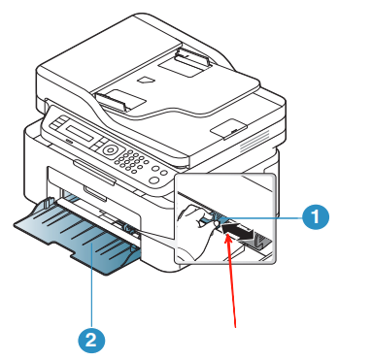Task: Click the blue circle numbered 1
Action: tap(316, 216)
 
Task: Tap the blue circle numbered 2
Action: tap(91, 340)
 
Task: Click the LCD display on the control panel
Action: tap(80, 133)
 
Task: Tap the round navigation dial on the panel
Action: tap(111, 149)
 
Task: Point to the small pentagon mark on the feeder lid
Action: tap(145, 80)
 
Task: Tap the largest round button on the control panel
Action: tap(155, 180)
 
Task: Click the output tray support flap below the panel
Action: tap(94, 172)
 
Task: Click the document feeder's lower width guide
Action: tap(112, 99)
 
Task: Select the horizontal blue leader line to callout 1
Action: tap(260, 218)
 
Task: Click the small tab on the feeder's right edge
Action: tap(229, 129)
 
